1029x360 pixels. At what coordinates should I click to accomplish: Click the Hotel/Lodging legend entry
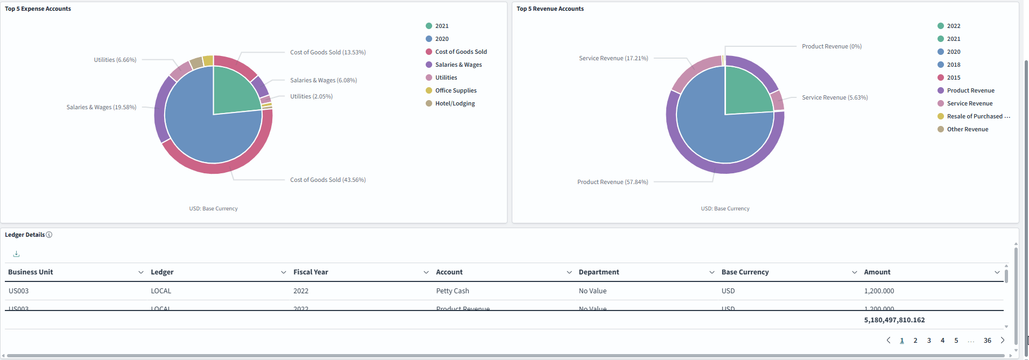[x=454, y=103]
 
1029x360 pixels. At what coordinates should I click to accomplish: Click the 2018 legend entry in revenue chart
[x=953, y=65]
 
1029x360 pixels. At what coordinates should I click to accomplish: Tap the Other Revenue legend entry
[x=967, y=129]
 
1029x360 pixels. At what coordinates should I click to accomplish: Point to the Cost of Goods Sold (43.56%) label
[x=328, y=180]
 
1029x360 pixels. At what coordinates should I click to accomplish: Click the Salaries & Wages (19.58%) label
[x=101, y=107]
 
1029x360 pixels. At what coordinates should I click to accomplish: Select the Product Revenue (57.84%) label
[x=612, y=182]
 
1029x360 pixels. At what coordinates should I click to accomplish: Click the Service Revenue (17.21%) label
[x=614, y=58]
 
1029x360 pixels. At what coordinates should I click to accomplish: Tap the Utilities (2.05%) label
[x=311, y=96]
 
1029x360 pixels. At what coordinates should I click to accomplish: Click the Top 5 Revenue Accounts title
[x=550, y=9]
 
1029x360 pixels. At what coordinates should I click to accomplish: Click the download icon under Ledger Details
[x=16, y=253]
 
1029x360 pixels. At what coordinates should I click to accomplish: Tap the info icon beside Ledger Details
[x=49, y=235]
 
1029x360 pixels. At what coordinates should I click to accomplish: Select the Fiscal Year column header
[x=311, y=272]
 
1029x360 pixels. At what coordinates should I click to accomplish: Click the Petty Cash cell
[x=452, y=291]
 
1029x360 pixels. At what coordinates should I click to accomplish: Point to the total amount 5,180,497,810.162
[x=894, y=320]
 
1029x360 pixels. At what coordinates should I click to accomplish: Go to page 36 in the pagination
[x=987, y=341]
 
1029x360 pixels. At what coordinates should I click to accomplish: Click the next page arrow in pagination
[x=1002, y=341]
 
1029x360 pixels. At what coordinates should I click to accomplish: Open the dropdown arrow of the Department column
[x=711, y=272]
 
